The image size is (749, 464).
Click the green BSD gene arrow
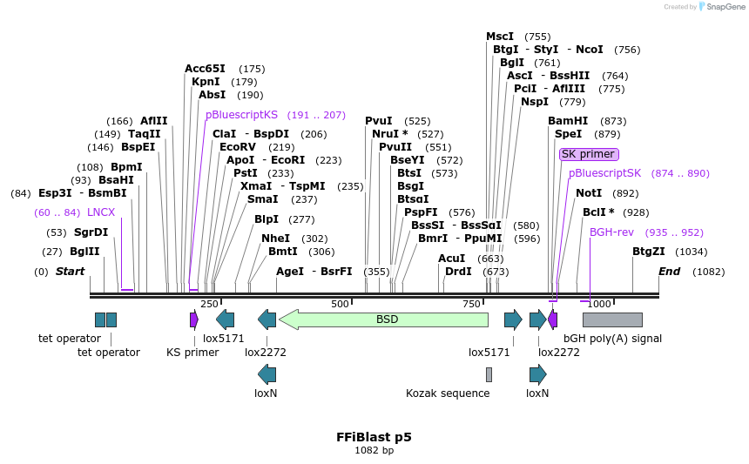pos(383,319)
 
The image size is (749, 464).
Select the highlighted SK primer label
pos(589,154)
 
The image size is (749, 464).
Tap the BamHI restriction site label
pos(568,121)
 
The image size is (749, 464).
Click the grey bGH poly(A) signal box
pos(612,319)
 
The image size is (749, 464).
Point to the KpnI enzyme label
pos(206,82)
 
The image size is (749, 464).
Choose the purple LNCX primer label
pos(101,212)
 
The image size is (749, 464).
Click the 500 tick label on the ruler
pos(340,304)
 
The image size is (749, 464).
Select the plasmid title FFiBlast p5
pos(374,437)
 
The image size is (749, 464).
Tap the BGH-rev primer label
pos(611,232)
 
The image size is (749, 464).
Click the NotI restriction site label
pos(589,193)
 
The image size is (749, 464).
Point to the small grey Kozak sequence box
pos(489,374)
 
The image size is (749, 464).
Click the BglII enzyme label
pos(84,252)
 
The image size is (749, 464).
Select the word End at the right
pos(669,272)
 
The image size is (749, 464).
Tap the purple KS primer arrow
pos(194,319)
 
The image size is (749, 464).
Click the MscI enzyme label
pos(500,37)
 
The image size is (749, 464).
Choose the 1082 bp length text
pos(374,451)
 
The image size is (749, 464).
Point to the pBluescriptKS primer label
pos(241,115)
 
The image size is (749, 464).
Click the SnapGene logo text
pos(725,7)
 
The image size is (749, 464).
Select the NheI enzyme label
pos(275,239)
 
